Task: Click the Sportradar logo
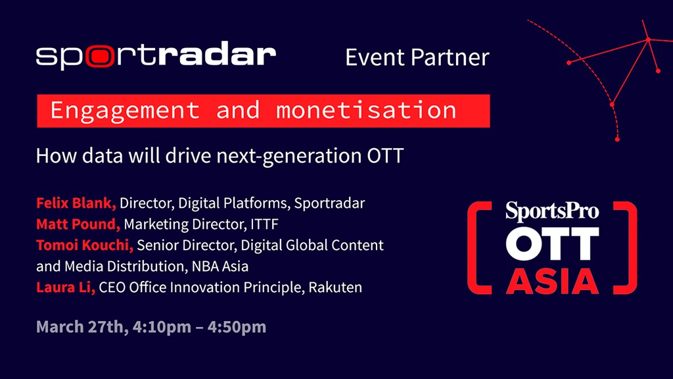156,57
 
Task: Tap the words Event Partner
417,57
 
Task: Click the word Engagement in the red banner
124,110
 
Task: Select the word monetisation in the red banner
365,110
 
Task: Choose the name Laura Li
66,288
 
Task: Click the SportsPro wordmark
552,211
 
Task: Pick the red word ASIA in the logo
552,279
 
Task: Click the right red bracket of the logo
629,247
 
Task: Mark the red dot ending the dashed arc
617,139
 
